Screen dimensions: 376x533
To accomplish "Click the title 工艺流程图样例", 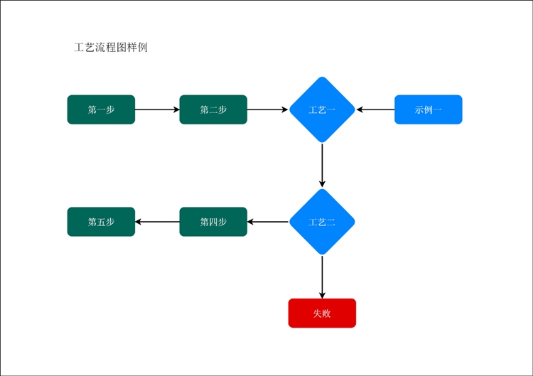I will click(x=111, y=48).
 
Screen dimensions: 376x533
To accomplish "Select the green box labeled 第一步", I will click(x=101, y=109).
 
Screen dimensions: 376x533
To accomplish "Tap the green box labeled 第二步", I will click(x=213, y=109).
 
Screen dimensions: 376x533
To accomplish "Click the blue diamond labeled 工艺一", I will click(x=322, y=109).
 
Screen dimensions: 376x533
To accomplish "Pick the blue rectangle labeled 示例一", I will click(x=428, y=109).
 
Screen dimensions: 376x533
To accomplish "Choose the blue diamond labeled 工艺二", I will click(x=322, y=222).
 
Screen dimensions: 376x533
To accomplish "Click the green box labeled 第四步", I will click(x=213, y=222).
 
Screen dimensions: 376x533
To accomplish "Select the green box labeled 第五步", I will click(x=101, y=222).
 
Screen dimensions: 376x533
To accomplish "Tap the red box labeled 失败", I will click(x=322, y=313).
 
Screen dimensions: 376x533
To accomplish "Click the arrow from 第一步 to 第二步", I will click(x=157, y=109).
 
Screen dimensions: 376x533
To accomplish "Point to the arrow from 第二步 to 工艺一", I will click(x=268, y=109).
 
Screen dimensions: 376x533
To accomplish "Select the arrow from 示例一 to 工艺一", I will click(x=376, y=109).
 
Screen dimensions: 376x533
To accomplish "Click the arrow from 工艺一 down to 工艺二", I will click(x=322, y=165).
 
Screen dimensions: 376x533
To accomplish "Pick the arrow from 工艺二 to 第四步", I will click(x=268, y=222).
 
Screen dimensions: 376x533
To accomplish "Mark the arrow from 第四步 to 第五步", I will click(x=157, y=222).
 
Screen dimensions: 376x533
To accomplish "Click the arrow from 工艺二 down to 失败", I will click(x=322, y=276).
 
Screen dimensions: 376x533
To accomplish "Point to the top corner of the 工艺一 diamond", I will click(x=322, y=77).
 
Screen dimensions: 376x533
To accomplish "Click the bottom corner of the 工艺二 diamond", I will click(x=322, y=254).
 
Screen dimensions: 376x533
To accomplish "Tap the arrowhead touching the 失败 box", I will click(x=322, y=295).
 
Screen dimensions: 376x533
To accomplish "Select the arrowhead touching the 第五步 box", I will click(x=139, y=222).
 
